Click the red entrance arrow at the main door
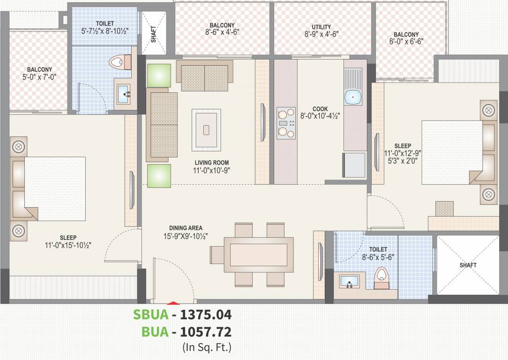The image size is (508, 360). pos(173,304)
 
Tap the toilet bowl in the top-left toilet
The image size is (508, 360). pos(121,62)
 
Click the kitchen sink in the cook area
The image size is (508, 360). pos(352,97)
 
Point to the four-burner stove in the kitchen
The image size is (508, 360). pos(286,123)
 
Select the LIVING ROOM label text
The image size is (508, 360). pos(212,163)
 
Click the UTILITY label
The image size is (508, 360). pos(321,27)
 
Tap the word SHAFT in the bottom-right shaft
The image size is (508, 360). pos(468,265)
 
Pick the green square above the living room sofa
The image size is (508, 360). pos(159,75)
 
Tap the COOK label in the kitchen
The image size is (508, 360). pos(320,109)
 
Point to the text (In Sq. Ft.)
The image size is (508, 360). pos(207,347)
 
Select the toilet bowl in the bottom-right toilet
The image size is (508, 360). pos(382,278)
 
